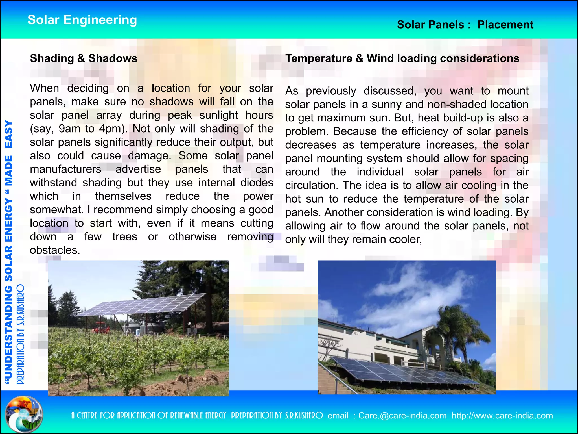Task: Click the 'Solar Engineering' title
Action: pos(82,20)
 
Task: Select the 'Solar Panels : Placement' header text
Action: pos(465,25)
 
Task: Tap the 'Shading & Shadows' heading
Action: pos(84,58)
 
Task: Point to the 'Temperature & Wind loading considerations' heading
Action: pos(402,58)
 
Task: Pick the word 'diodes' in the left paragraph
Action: pos(257,183)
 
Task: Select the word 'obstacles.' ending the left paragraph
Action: pos(55,250)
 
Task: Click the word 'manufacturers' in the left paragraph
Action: pos(65,169)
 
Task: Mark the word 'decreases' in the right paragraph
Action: pos(311,145)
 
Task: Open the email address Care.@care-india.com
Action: pos(402,416)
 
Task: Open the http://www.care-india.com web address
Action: pos(502,416)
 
